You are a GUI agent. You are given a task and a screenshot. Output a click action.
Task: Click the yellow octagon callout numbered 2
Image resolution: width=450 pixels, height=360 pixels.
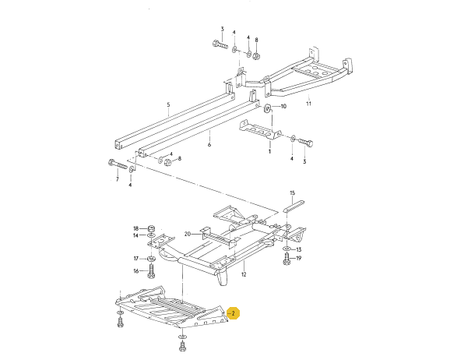pos(233,313)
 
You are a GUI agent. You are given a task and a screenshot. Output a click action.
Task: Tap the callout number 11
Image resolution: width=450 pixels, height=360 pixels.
pos(308,104)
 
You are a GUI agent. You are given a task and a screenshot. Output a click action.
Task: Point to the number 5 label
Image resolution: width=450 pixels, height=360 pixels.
pos(168,104)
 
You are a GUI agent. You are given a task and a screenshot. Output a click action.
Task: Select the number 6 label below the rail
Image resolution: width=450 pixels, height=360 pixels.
pos(209,144)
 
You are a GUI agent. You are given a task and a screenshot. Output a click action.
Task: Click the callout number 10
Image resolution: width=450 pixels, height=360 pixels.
pos(283,106)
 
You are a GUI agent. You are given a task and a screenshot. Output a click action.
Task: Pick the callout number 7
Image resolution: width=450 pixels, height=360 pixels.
pos(117,179)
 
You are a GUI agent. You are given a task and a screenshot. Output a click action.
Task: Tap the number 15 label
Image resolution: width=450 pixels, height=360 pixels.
pos(292,192)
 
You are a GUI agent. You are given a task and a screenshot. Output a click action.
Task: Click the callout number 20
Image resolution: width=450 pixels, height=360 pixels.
pos(187,235)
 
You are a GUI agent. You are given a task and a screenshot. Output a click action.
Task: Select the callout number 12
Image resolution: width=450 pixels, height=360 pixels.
pos(244,274)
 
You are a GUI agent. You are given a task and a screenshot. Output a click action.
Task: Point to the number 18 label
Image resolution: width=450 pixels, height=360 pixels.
pos(135,228)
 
